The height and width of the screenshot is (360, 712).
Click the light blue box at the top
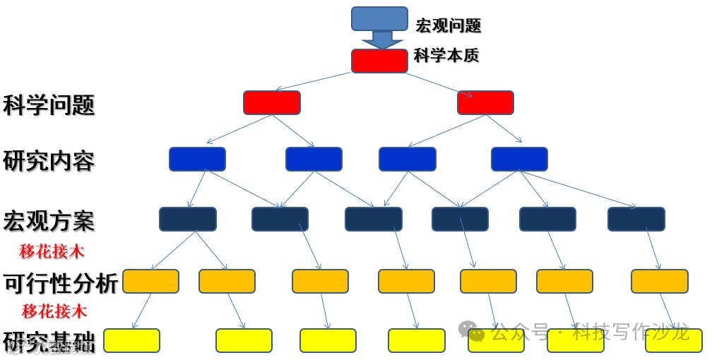tap(379, 18)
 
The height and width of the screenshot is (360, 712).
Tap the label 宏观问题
tap(448, 26)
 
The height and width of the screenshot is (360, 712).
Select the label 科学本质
tap(446, 55)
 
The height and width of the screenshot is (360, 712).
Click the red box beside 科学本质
tap(379, 61)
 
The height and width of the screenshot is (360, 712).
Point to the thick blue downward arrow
tap(381, 40)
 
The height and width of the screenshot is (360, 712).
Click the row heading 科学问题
tap(49, 106)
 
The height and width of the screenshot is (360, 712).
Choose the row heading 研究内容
tap(49, 161)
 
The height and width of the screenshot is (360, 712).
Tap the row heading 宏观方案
tap(49, 221)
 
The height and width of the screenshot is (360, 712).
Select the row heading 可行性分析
tap(61, 283)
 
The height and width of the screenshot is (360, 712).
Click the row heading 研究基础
tap(49, 342)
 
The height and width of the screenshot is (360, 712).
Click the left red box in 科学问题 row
tap(272, 102)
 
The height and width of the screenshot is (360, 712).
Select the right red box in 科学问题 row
tap(485, 102)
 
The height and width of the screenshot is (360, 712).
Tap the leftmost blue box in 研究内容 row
tap(197, 159)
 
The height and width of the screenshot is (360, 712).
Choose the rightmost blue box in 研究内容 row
tap(519, 159)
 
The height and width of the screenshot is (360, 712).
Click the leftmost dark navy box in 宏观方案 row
tap(188, 219)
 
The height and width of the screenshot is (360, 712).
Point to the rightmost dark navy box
tap(636, 219)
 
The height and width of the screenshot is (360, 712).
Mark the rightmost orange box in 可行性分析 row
tap(659, 281)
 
